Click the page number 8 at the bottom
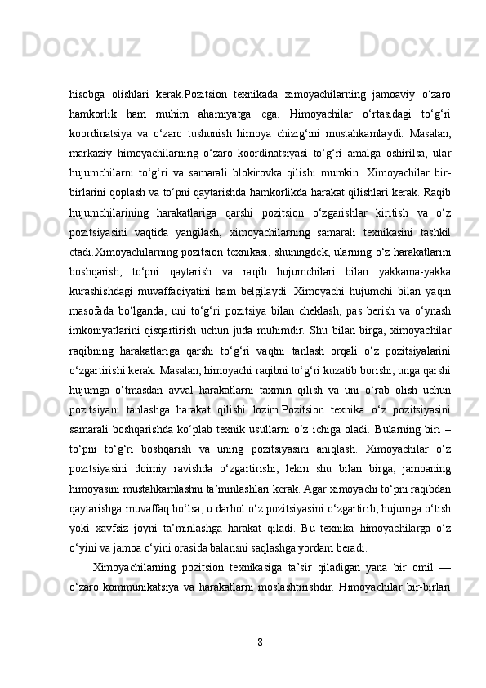[259, 641]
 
